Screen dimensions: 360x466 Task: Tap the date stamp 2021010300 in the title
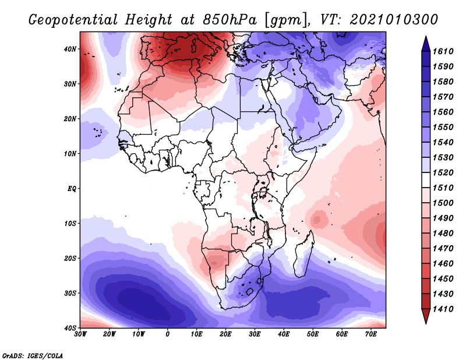(x=394, y=19)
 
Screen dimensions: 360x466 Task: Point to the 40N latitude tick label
(x=69, y=49)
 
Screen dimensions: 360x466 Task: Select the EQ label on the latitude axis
(x=70, y=189)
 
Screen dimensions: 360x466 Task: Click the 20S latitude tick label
(x=69, y=258)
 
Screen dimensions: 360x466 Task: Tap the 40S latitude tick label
(x=69, y=328)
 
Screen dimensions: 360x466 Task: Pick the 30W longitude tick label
(x=80, y=335)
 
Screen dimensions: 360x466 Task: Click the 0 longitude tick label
(x=168, y=335)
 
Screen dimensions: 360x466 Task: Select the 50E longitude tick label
(x=313, y=335)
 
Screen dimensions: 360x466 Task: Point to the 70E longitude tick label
(x=371, y=335)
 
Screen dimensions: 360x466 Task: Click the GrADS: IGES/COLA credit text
(x=33, y=355)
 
